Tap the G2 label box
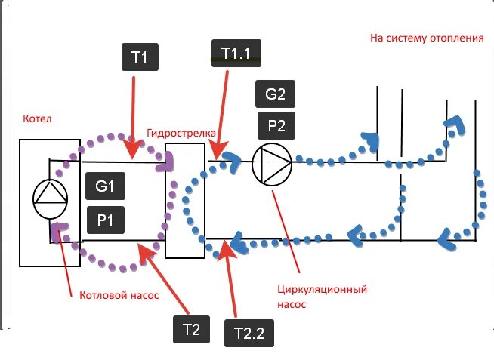pos(275,95)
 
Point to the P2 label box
pos(275,125)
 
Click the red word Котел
pos(38,118)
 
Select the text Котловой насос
pos(119,295)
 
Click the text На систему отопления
pos(427,37)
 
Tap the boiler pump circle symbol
pos(51,198)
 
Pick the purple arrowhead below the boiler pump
pos(58,232)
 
